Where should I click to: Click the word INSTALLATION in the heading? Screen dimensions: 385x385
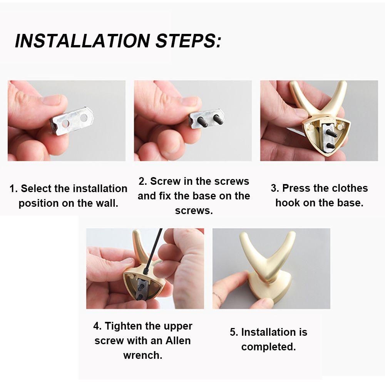pos(82,40)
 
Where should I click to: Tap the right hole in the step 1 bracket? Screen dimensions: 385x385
pos(84,118)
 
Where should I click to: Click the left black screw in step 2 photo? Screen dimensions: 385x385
pos(203,121)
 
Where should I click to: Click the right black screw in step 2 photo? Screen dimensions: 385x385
pos(218,119)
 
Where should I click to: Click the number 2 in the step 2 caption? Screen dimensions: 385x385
pos(142,181)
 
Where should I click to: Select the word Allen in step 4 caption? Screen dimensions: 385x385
pos(178,341)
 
